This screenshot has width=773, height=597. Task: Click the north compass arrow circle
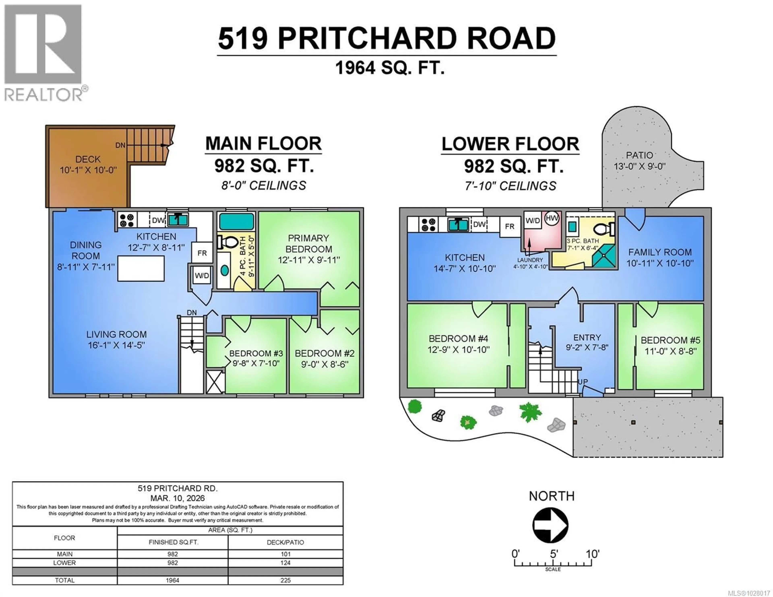pyautogui.click(x=550, y=525)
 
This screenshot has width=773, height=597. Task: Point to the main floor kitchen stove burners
pyautogui.click(x=126, y=220)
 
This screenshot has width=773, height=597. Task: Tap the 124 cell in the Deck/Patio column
pyautogui.click(x=285, y=563)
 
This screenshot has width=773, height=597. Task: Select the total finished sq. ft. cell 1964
pyautogui.click(x=172, y=580)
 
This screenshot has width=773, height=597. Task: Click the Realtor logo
pyautogui.click(x=43, y=53)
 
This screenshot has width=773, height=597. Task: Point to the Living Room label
pyautogui.click(x=116, y=339)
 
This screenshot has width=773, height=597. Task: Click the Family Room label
pyautogui.click(x=660, y=257)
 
